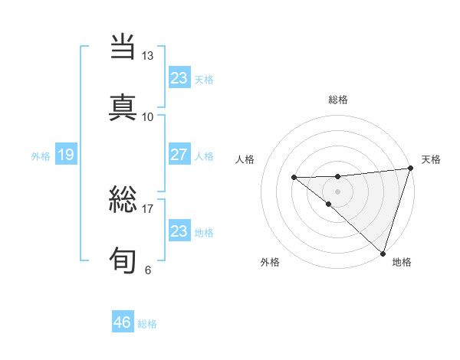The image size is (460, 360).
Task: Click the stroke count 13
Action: tap(147, 56)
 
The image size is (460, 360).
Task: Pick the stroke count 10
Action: tap(147, 116)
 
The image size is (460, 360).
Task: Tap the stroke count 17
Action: tap(147, 208)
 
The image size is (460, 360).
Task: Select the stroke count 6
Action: tap(147, 270)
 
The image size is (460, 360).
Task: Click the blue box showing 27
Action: tap(179, 155)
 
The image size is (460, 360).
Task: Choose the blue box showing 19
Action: tap(65, 155)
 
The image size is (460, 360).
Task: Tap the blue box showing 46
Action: tap(122, 322)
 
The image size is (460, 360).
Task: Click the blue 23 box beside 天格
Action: tap(179, 77)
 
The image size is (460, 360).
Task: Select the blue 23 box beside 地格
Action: tap(179, 231)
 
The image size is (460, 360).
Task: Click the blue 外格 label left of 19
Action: tap(41, 156)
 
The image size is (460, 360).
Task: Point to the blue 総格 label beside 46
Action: tap(147, 324)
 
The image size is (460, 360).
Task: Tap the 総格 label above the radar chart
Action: tap(338, 100)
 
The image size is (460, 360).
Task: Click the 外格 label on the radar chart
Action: tap(270, 262)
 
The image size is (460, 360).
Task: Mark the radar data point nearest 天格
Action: tap(410, 169)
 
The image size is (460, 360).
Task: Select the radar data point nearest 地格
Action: tap(383, 252)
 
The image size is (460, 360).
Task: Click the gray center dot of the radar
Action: tap(338, 190)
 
